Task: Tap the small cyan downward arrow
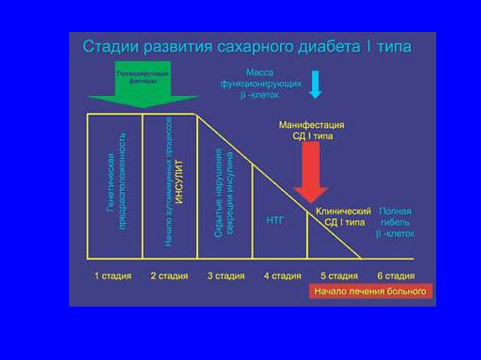click(315, 84)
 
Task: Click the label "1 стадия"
click(113, 276)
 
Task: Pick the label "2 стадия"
click(169, 276)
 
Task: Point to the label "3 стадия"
click(226, 276)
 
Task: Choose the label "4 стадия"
click(282, 276)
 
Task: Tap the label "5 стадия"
click(339, 276)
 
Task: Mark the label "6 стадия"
click(396, 276)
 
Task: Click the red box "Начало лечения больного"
click(370, 291)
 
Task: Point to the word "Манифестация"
click(312, 125)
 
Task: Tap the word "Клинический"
click(343, 211)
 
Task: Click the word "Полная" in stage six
click(395, 211)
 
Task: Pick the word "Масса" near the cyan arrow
click(259, 73)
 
